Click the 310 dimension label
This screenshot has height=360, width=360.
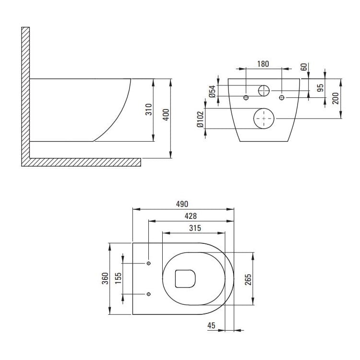pos(149,109)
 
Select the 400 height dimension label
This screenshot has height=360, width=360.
pos(166,115)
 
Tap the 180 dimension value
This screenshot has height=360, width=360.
pos(263,64)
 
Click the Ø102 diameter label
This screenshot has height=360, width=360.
pos(200,120)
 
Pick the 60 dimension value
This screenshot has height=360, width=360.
pos(303,67)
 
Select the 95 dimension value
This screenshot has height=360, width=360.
pos(320,88)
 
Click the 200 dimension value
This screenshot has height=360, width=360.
pos(336,98)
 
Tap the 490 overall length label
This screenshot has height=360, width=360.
pos(182,204)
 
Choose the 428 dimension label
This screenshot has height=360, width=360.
pos(191,216)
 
